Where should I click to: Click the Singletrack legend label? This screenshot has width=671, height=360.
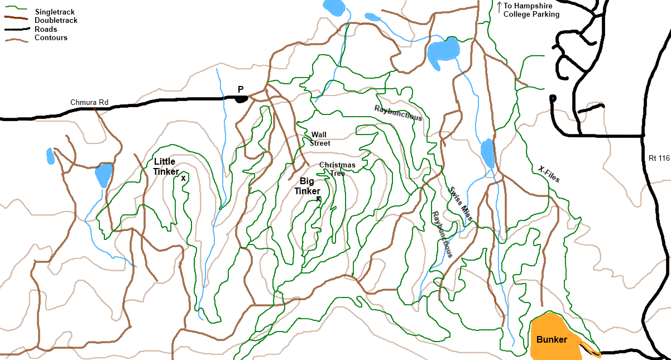[54, 12]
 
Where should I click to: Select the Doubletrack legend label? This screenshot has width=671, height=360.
[56, 21]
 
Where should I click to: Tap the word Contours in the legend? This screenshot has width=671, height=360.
[51, 38]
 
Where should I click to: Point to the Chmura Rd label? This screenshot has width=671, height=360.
[89, 103]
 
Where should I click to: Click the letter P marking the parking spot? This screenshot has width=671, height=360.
[241, 89]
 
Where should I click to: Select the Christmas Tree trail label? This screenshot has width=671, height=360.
[337, 169]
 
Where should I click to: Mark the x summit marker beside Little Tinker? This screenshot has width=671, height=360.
[183, 178]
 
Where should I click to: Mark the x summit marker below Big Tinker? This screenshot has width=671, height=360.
[319, 198]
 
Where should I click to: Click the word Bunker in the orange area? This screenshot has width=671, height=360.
[552, 340]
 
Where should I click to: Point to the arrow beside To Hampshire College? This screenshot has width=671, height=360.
[499, 6]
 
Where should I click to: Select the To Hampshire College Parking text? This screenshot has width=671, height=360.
[531, 11]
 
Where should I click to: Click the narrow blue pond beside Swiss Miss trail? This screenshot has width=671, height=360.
[487, 153]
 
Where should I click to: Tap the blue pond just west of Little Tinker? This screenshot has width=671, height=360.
[103, 175]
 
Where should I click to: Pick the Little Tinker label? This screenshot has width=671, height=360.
[166, 166]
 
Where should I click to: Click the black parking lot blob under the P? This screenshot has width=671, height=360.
[241, 99]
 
